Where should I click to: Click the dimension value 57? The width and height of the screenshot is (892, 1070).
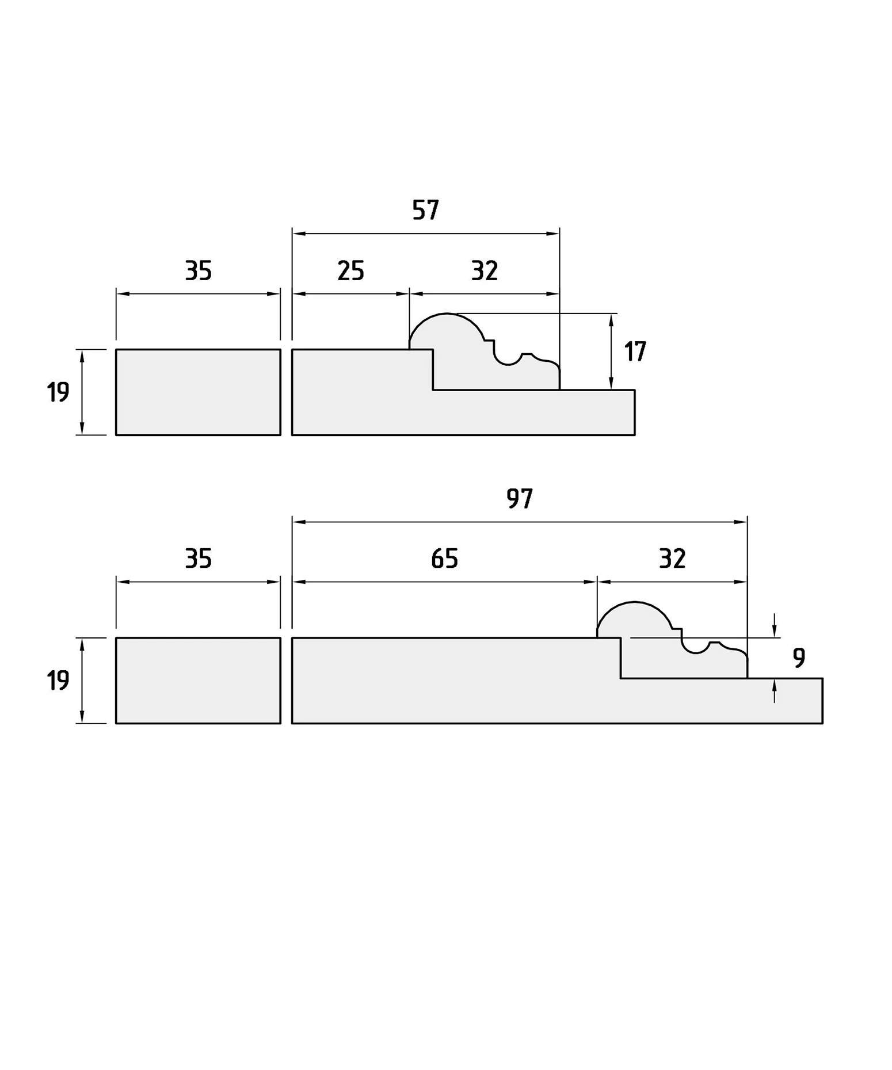point(426,210)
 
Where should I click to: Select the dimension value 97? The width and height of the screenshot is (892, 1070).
point(520,498)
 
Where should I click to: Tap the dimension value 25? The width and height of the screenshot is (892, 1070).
point(350,270)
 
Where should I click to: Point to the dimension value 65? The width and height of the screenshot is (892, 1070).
point(444,559)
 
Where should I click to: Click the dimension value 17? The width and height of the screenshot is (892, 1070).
point(635,351)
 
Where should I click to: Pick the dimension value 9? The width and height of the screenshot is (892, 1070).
point(799,658)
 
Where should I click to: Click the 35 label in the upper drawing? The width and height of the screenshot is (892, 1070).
point(199,270)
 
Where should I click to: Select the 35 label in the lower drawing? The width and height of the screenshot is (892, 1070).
point(199,559)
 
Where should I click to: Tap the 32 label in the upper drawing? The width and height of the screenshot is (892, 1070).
point(485,270)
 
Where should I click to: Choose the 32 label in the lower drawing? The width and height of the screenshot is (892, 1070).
point(672,559)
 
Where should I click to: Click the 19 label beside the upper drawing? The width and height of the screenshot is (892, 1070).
point(58,392)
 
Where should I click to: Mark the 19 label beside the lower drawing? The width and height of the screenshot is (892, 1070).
point(58,681)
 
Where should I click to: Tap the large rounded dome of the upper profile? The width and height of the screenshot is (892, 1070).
point(447,314)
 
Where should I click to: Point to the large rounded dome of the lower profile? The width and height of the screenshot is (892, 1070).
point(635,602)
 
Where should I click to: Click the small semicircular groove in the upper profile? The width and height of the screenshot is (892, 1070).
point(508,365)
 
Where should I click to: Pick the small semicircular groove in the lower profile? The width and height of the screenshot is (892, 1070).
point(696,653)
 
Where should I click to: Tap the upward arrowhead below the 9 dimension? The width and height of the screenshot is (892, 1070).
point(775,685)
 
